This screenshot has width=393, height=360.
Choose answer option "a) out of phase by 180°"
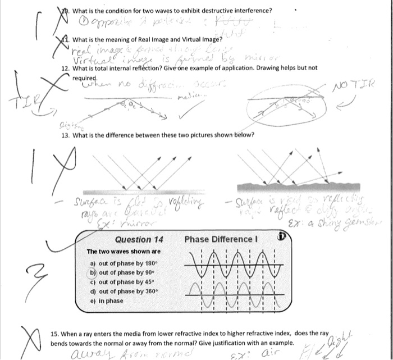point(122,262)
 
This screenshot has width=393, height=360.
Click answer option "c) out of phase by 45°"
point(121,281)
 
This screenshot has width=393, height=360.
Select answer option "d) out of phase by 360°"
point(122,291)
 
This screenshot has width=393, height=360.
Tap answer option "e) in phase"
point(106,300)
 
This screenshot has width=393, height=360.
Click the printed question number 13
point(65,135)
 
